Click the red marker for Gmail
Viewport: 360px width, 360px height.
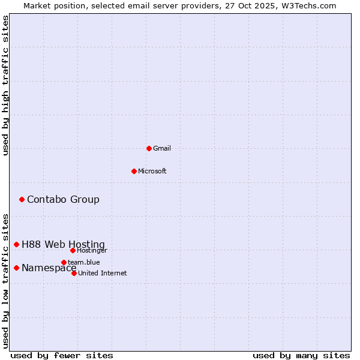click(149, 148)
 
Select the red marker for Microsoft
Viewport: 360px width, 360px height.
click(134, 171)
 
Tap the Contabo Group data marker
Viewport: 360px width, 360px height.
click(22, 199)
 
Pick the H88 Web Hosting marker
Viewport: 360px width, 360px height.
click(16, 244)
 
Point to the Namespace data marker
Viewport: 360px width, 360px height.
click(16, 268)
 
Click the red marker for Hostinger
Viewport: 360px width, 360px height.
click(73, 250)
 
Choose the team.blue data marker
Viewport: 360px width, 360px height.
click(64, 262)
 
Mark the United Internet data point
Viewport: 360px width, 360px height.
click(74, 273)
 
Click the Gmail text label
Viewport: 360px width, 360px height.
click(162, 148)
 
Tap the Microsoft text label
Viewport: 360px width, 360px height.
click(152, 171)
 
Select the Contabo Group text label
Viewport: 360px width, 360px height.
click(63, 199)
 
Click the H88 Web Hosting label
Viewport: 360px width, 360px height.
click(63, 244)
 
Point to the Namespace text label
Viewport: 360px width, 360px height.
click(49, 268)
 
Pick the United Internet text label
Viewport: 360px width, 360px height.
click(103, 273)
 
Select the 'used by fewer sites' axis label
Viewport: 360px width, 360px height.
click(62, 355)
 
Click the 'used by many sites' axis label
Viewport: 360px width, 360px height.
click(301, 355)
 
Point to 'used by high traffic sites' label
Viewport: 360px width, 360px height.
click(5, 85)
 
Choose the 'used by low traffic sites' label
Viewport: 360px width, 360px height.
click(5, 280)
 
